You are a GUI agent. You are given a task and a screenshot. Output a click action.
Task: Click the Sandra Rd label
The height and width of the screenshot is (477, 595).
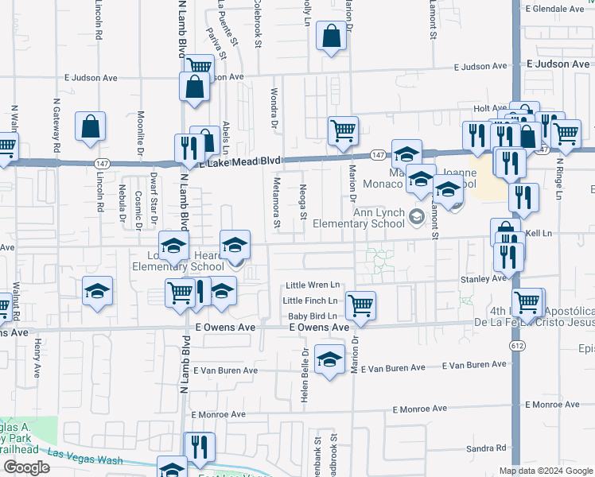486,448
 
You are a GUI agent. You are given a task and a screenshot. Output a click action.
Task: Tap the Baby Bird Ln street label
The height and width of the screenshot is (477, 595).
313,316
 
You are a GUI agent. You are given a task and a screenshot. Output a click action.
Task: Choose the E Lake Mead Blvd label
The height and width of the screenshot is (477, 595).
241,161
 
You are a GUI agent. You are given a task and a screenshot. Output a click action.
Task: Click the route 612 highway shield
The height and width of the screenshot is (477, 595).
516,346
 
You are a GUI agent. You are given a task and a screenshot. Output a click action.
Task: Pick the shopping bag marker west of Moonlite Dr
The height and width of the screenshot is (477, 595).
91,126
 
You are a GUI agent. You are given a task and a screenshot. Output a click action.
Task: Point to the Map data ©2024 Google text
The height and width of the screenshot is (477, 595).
546,471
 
